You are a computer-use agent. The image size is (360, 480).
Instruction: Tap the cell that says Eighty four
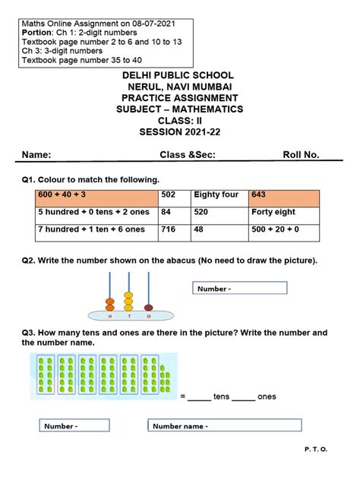coord(219,195)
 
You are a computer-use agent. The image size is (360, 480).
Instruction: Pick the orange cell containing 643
coord(284,195)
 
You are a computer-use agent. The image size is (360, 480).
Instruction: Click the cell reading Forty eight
coord(284,213)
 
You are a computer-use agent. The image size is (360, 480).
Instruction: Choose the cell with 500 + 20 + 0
coord(284,230)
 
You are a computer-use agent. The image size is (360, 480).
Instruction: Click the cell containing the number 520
coord(219,213)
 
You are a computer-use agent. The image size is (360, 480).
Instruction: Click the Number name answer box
coord(214,427)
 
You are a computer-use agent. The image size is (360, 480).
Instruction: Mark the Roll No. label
coord(301,155)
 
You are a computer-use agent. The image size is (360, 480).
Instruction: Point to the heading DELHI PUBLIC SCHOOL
coord(178,76)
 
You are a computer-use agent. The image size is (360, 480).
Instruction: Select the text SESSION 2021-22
coord(178,131)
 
